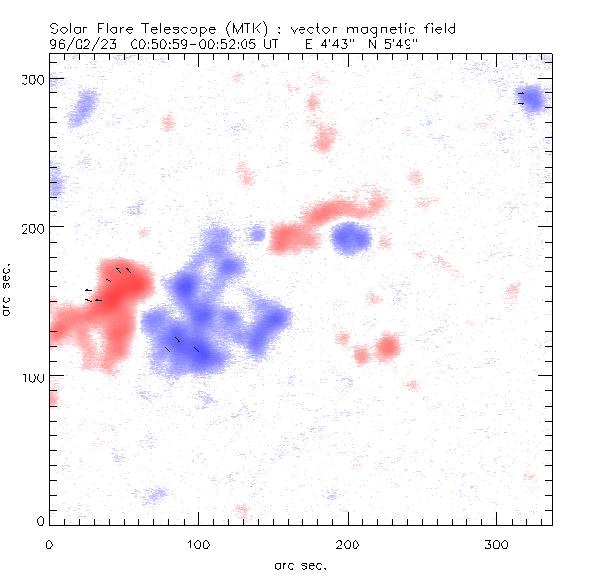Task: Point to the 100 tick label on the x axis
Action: (x=198, y=544)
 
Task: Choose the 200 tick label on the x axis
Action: (x=348, y=544)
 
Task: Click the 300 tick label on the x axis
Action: (x=497, y=544)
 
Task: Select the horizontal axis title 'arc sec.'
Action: (x=300, y=565)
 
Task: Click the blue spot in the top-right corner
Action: (x=533, y=99)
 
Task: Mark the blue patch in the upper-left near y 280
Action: (x=83, y=107)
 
